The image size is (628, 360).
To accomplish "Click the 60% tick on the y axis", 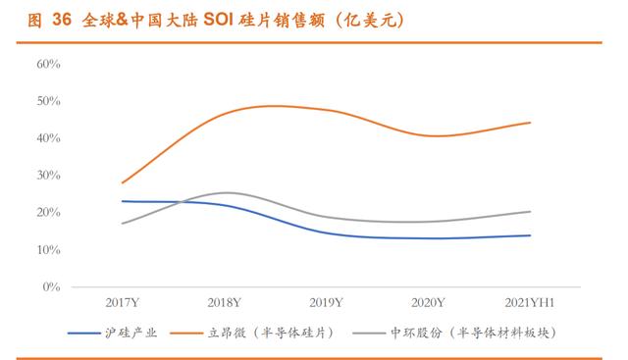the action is [48, 64].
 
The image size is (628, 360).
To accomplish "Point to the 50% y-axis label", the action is [48, 101].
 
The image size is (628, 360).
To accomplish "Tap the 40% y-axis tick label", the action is [48, 138].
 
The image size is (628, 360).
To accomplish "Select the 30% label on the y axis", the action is [48, 175].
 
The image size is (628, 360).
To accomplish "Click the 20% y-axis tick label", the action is [48, 212].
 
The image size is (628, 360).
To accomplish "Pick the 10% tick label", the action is [48, 250].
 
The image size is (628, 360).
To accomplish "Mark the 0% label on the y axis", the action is [51, 286].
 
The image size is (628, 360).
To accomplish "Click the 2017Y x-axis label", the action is [123, 303].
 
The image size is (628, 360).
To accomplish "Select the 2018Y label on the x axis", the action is [225, 303].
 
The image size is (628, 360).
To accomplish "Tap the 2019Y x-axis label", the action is [326, 303].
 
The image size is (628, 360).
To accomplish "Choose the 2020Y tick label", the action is [428, 303].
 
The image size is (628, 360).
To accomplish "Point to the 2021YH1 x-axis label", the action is [530, 303].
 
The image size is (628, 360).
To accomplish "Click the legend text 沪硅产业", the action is [131, 333].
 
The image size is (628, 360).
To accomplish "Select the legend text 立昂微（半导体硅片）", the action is [271, 333].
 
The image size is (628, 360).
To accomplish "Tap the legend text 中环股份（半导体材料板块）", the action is [473, 333].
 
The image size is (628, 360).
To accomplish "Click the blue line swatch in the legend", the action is [84, 334].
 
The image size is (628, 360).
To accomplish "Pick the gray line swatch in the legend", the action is [369, 334].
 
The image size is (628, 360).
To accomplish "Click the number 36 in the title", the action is [62, 20].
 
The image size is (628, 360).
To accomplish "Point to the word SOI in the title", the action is [218, 20].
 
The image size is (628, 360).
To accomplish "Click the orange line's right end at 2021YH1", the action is [530, 123].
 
